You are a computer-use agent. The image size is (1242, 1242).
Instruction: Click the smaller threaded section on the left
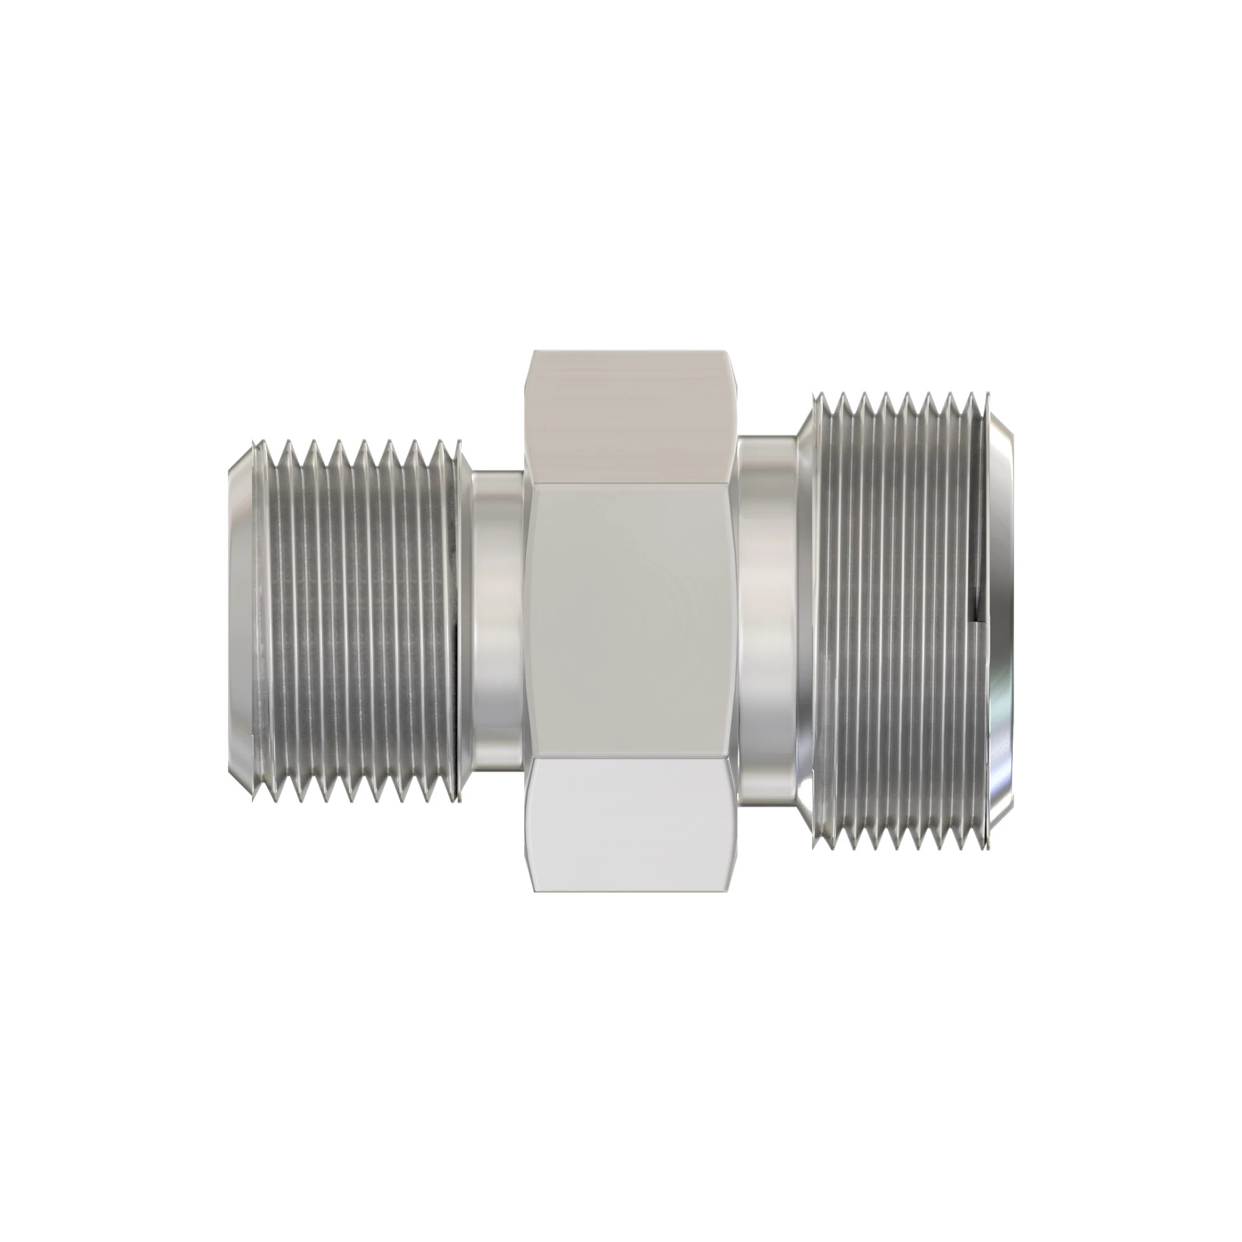tap(360, 620)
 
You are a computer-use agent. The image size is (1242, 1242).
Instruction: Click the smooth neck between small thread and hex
tap(498, 620)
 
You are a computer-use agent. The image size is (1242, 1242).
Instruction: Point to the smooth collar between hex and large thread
tap(768, 620)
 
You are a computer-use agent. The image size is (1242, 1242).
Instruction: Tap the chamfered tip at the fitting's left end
tap(241, 620)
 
